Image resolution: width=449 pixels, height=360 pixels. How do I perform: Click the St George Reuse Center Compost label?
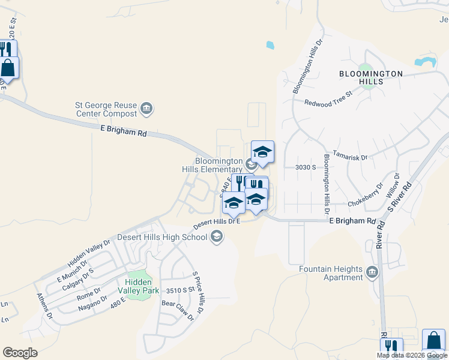point(106,108)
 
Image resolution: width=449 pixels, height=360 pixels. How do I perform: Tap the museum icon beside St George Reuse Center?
point(146,109)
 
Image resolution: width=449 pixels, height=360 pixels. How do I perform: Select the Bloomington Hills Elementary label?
point(219,165)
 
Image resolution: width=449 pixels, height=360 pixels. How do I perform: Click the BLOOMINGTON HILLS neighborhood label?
point(370,77)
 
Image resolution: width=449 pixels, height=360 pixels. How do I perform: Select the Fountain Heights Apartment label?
point(331,273)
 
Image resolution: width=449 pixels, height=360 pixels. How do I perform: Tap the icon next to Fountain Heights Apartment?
point(372,273)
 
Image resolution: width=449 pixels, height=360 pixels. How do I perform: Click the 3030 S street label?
point(306,168)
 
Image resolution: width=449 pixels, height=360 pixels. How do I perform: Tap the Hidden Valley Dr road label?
point(89,253)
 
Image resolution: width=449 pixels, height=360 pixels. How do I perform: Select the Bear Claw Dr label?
point(178,311)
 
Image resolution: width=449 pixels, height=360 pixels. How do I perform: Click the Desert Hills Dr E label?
point(216,223)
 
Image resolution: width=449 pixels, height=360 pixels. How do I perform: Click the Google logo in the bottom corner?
point(20,353)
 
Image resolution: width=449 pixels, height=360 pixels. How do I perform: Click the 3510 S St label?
point(181,290)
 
